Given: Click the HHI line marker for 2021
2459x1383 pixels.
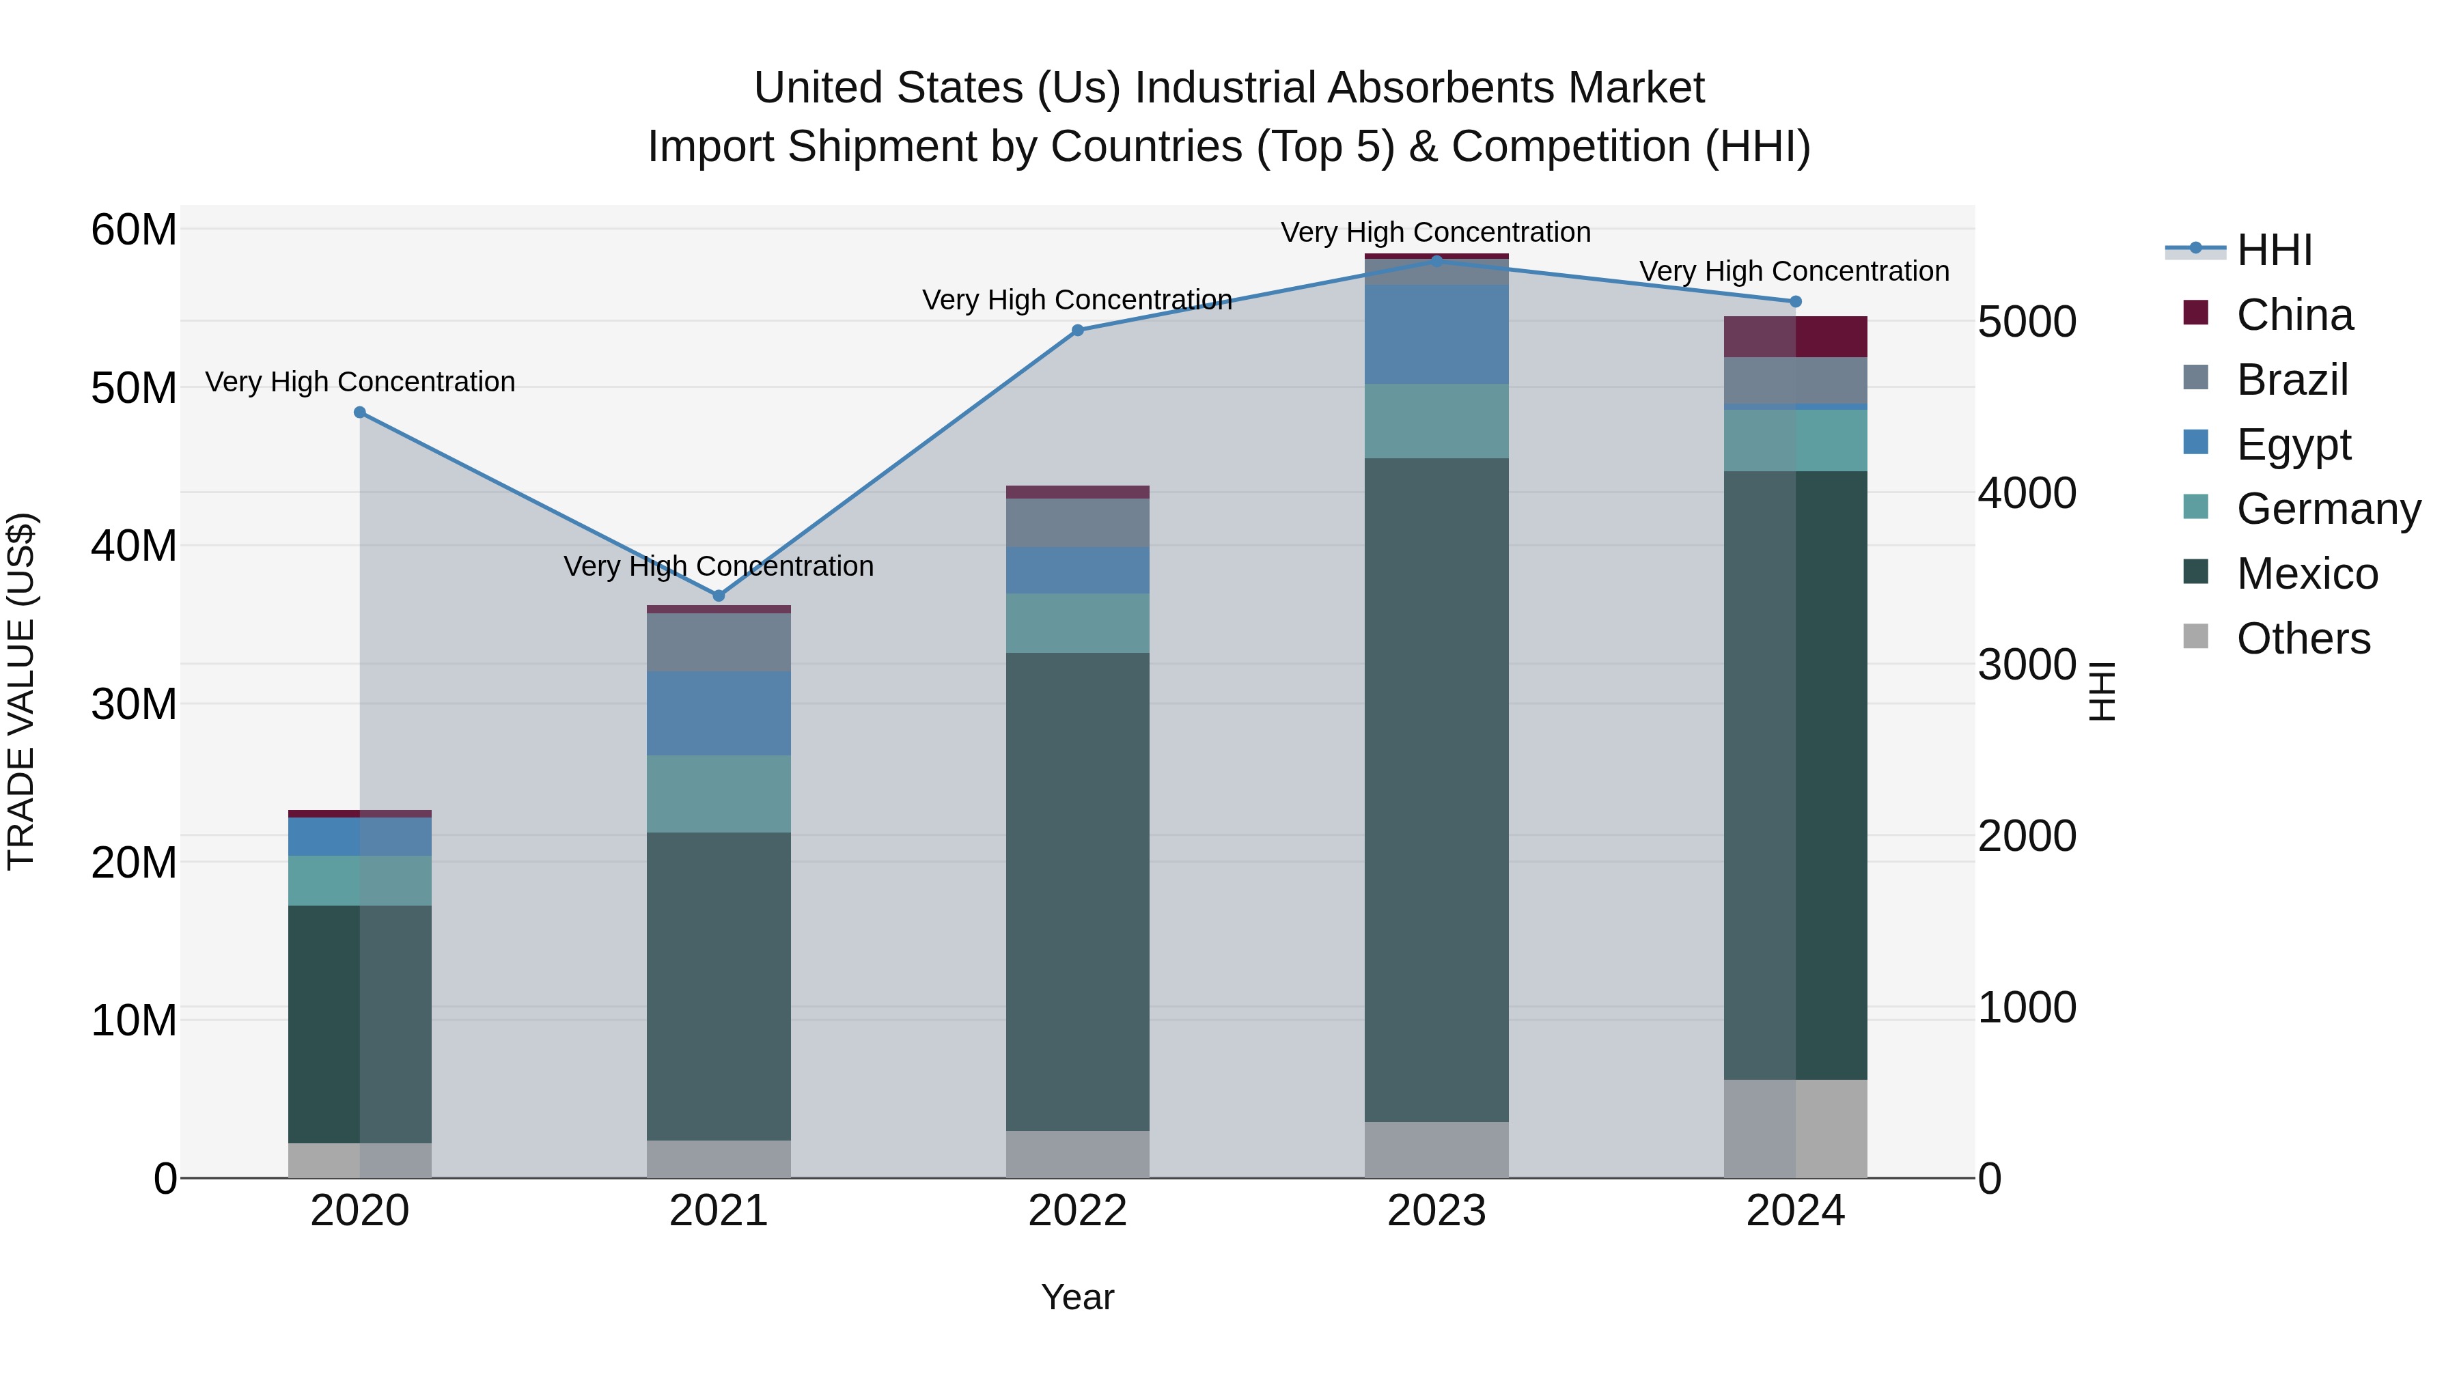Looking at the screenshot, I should pyautogui.click(x=719, y=596).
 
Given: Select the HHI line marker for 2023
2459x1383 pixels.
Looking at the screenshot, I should pyautogui.click(x=1436, y=261).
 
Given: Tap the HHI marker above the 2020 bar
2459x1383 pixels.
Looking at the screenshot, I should pyautogui.click(x=360, y=413).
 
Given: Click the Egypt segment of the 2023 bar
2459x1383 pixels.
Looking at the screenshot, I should pyautogui.click(x=1436, y=334).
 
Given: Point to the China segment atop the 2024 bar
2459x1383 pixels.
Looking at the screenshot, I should pyautogui.click(x=1796, y=336).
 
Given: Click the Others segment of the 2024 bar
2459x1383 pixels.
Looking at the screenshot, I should pyautogui.click(x=1796, y=1128).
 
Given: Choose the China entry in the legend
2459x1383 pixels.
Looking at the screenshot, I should pyautogui.click(x=2294, y=315).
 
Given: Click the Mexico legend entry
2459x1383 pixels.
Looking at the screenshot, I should pyautogui.click(x=2306, y=574).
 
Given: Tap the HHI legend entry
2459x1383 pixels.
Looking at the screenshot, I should pyautogui.click(x=2274, y=250).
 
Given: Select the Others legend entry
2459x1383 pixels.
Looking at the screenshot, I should pyautogui.click(x=2303, y=639).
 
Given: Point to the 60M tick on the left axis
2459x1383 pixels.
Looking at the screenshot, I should pyautogui.click(x=134, y=230).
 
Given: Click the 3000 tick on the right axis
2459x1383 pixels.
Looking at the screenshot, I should pyautogui.click(x=2027, y=665).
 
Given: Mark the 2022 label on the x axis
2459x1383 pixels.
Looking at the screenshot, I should pyautogui.click(x=1078, y=1211).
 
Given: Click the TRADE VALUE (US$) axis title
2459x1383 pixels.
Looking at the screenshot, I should pyautogui.click(x=21, y=691).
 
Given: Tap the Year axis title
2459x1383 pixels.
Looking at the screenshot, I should pyautogui.click(x=1078, y=1297).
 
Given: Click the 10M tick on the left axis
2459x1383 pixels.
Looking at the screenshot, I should pyautogui.click(x=134, y=1020).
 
